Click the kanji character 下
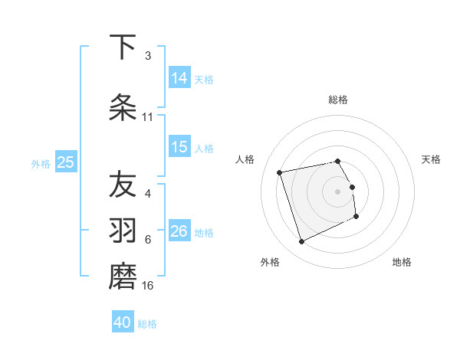point(123,47)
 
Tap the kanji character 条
point(123,108)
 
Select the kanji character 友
point(123,185)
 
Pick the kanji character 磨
point(123,277)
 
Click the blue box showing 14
point(179,77)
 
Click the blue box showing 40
point(123,322)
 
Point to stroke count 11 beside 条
point(148,117)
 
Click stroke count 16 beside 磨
point(148,286)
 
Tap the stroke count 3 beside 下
point(148,56)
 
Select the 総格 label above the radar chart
point(337,100)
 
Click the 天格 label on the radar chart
point(431,159)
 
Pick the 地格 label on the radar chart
point(402,262)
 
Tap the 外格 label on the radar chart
point(270,262)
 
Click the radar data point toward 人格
point(280,172)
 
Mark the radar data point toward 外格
point(301,242)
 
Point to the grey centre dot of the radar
point(337,191)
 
